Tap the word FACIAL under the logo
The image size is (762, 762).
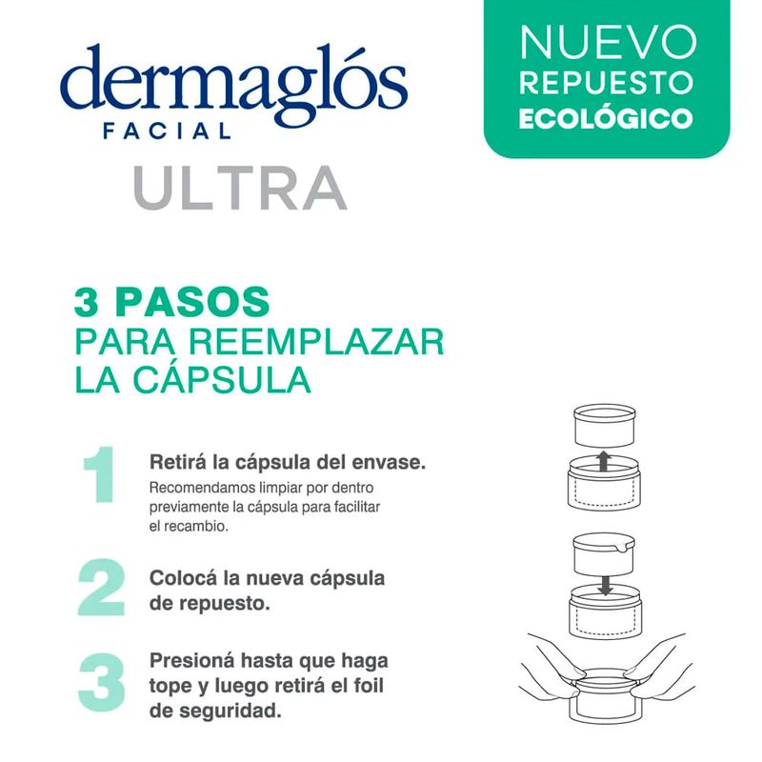click(168, 131)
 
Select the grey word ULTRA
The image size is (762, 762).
click(240, 188)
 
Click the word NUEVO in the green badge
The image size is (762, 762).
click(607, 42)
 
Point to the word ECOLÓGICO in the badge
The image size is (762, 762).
click(606, 117)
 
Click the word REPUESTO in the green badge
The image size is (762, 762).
click(606, 83)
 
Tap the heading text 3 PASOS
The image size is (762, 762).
click(172, 301)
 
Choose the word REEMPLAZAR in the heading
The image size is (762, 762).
click(316, 342)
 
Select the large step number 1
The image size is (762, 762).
click(100, 473)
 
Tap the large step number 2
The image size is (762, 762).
click(101, 588)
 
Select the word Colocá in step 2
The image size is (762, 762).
click(183, 579)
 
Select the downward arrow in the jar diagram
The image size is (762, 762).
click(605, 586)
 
